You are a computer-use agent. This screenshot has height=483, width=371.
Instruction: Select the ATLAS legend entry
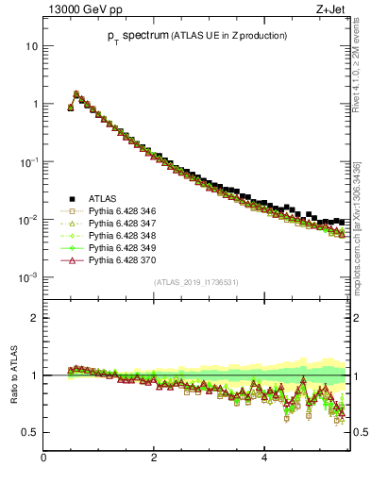coord(103,198)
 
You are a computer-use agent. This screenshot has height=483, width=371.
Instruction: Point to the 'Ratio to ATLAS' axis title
coord(13,375)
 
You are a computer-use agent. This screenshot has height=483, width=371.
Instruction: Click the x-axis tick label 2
coord(154,458)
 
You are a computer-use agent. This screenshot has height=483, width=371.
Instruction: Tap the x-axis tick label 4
coord(264,458)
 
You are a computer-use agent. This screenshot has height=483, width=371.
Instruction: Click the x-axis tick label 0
coord(43,458)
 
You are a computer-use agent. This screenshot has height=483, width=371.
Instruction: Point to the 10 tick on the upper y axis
coord(31,45)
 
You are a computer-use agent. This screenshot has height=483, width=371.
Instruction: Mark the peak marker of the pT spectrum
coord(76,93)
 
